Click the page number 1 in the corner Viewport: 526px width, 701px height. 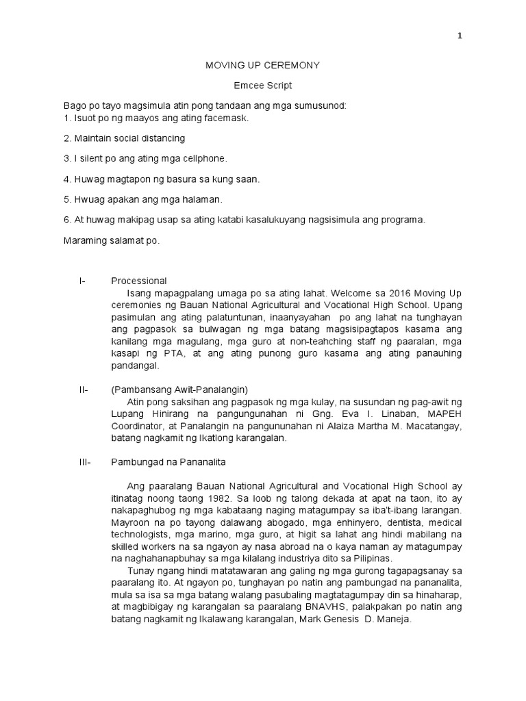click(x=460, y=37)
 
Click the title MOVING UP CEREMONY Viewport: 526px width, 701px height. click(x=264, y=65)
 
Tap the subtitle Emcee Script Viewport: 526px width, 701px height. click(x=264, y=86)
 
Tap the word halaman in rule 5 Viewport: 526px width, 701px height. click(x=201, y=199)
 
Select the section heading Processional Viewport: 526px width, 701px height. click(x=139, y=281)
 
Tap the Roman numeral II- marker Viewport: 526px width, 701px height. click(x=84, y=390)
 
